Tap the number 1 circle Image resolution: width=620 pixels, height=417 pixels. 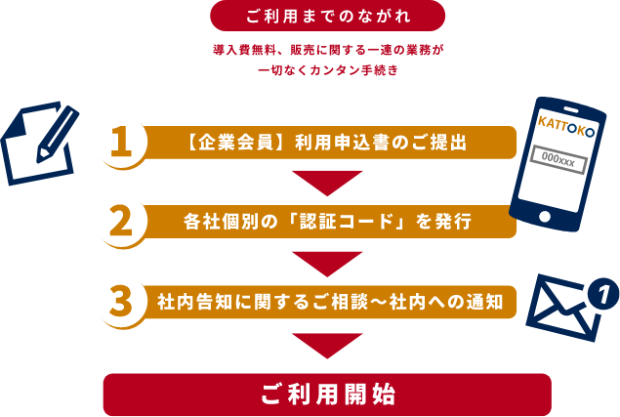121,142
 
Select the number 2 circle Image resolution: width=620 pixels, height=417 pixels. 121,222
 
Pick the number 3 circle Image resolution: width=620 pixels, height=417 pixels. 121,302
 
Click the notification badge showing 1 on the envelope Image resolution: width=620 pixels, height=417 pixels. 605,291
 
